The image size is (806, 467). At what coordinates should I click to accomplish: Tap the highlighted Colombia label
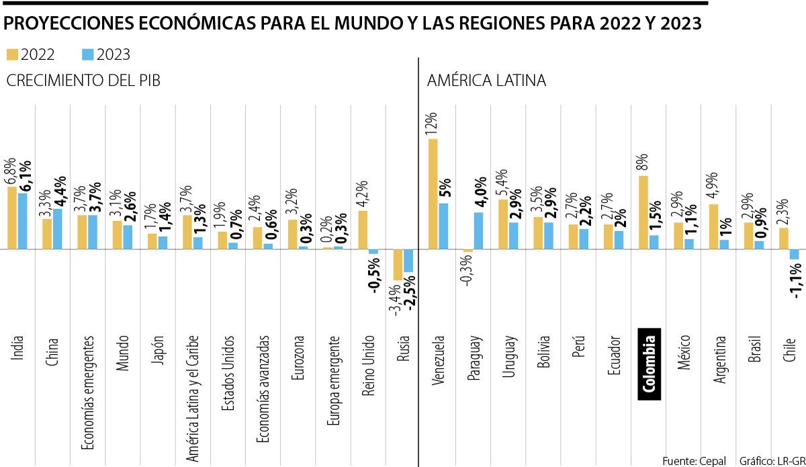(x=649, y=364)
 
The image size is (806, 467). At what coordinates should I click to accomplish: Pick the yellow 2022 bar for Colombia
(x=643, y=212)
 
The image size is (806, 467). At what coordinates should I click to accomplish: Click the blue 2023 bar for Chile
(x=794, y=254)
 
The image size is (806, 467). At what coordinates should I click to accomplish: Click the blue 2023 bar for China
(x=58, y=228)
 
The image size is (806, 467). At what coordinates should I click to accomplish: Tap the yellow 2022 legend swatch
(x=13, y=54)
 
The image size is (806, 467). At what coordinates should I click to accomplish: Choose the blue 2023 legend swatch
(x=87, y=54)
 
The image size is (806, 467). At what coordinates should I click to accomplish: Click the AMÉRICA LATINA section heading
(x=486, y=81)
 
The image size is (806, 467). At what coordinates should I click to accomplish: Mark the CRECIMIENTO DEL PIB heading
(x=83, y=81)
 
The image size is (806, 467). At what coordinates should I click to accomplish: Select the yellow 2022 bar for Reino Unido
(x=363, y=230)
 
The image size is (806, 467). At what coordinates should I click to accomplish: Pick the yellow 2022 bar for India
(x=12, y=218)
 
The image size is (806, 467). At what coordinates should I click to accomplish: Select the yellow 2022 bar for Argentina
(x=713, y=226)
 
